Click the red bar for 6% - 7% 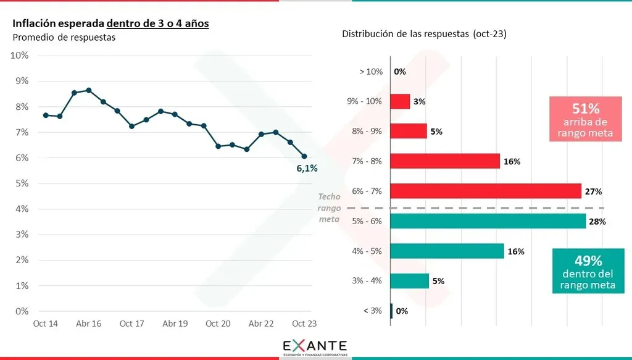[x=486, y=191]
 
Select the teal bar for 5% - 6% [x=488, y=221]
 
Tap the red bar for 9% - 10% [x=400, y=101]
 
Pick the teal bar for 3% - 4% [x=410, y=281]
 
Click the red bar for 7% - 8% [x=445, y=161]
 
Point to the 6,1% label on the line [x=307, y=169]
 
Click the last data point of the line [x=304, y=156]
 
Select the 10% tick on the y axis [x=20, y=56]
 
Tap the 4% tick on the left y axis [x=21, y=209]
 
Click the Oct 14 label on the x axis [x=46, y=324]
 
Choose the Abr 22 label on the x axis [x=261, y=324]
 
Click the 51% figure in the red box [x=586, y=109]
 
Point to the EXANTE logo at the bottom [x=315, y=346]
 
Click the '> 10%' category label [x=371, y=72]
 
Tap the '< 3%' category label [x=372, y=311]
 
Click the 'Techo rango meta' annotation [x=330, y=208]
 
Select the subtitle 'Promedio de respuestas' [x=64, y=37]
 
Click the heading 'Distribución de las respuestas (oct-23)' [x=424, y=34]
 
